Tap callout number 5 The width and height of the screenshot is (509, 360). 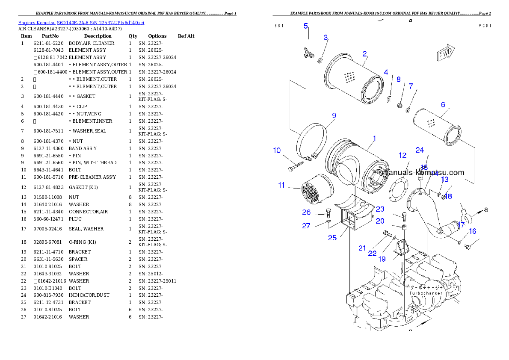pyautogui.click(x=306, y=26)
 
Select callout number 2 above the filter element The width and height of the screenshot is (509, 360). pyautogui.click(x=364, y=54)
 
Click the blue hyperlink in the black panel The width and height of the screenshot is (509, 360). pyautogui.click(x=81, y=22)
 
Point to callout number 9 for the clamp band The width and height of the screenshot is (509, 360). pyautogui.click(x=334, y=115)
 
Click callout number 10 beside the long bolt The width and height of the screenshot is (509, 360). pyautogui.click(x=277, y=150)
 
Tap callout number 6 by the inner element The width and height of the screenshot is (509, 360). pyautogui.click(x=443, y=105)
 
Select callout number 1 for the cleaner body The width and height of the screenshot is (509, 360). pyautogui.click(x=374, y=139)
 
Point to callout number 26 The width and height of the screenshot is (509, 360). pyautogui.click(x=306, y=212)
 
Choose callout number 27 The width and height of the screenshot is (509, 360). pyautogui.click(x=306, y=226)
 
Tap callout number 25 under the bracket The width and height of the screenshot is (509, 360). pyautogui.click(x=332, y=238)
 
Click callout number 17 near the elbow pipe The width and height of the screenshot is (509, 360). pyautogui.click(x=461, y=225)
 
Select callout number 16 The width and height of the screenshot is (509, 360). pyautogui.click(x=472, y=231)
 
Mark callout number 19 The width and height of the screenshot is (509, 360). pyautogui.click(x=382, y=259)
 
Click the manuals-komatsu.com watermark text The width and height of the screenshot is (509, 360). pyautogui.click(x=423, y=173)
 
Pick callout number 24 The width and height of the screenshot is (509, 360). pyautogui.click(x=420, y=150)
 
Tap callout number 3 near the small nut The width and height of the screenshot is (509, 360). pyautogui.click(x=326, y=38)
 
